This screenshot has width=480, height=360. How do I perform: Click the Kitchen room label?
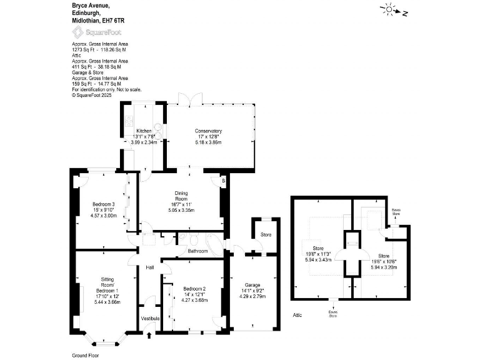click(144, 131)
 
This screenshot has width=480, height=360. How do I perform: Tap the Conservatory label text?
click(209, 131)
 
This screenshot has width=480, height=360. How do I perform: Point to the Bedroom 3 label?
click(103, 204)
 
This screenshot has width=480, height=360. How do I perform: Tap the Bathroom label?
click(198, 251)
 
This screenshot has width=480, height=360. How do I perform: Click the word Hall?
click(150, 267)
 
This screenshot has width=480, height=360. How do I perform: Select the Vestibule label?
click(151, 319)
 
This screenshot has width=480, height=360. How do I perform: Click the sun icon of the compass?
click(389, 9)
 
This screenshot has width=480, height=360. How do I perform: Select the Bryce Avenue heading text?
click(92, 4)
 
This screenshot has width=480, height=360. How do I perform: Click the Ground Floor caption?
click(86, 355)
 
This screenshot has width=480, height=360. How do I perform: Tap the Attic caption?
click(297, 315)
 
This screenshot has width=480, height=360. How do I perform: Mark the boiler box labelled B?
click(223, 181)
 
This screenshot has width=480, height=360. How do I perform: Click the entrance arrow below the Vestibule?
click(149, 334)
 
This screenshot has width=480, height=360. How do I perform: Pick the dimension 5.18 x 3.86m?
click(209, 142)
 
